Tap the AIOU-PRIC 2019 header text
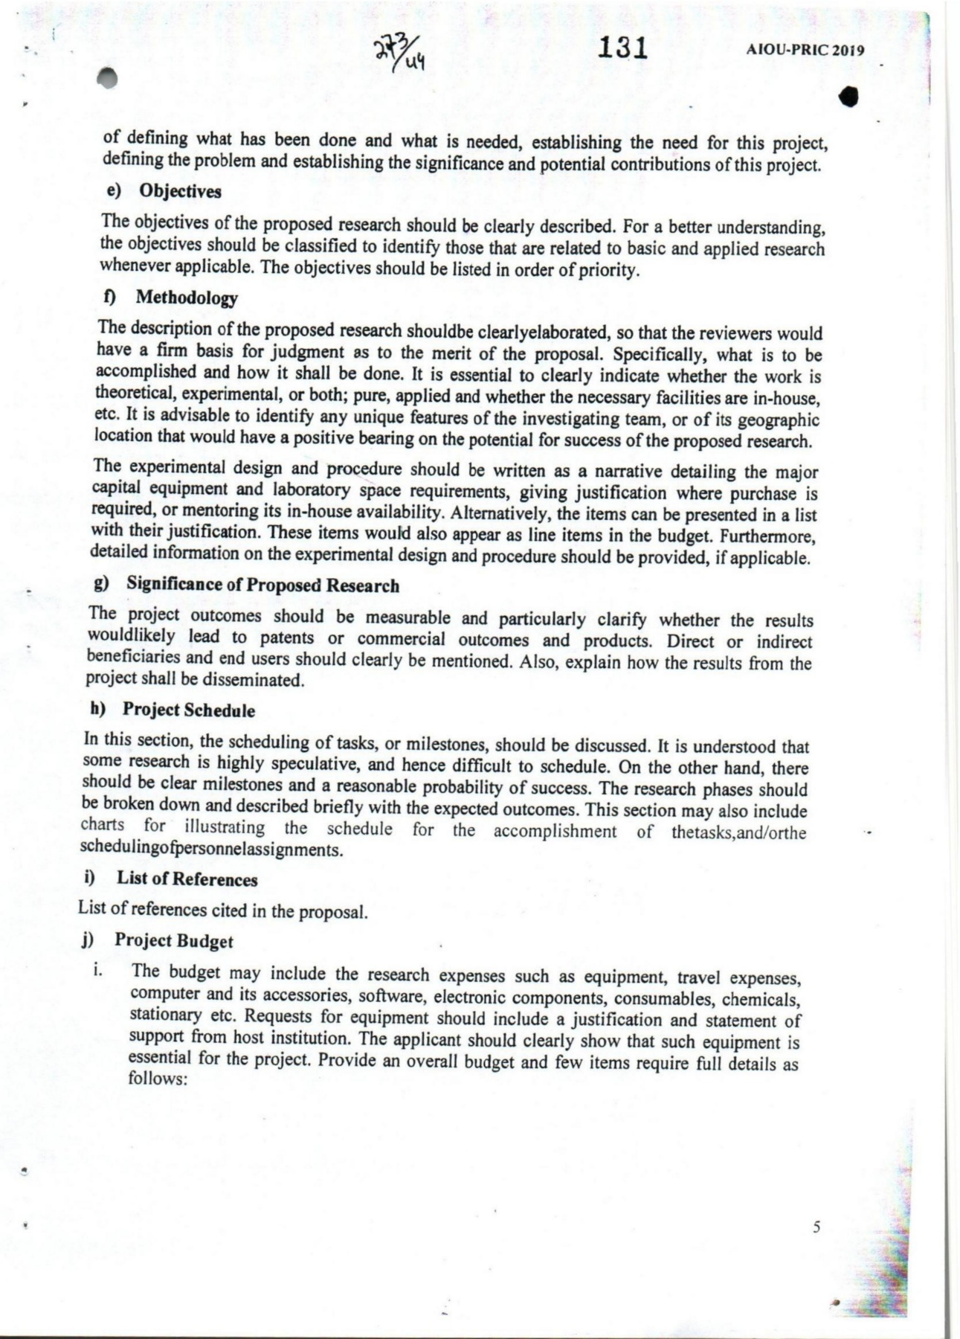(x=805, y=51)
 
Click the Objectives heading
(x=180, y=191)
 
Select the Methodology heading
(x=186, y=298)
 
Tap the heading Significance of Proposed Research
(x=262, y=585)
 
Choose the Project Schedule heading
(x=188, y=710)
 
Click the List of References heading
(x=187, y=879)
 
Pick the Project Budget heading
(x=173, y=941)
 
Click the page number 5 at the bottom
(x=816, y=1227)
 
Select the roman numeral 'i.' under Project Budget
(x=97, y=972)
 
